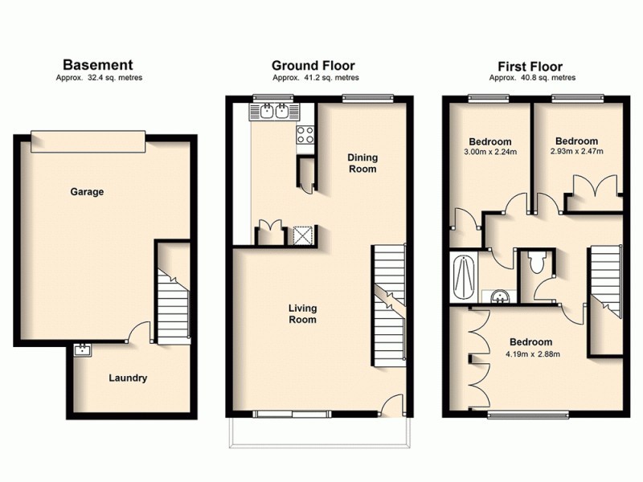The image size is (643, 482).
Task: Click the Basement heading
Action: (98, 65)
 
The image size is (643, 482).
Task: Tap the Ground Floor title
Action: (313, 65)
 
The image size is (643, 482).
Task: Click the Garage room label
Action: (87, 192)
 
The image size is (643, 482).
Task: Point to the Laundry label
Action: (129, 377)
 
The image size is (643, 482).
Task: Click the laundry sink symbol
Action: (82, 349)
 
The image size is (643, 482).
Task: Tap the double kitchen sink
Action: (274, 112)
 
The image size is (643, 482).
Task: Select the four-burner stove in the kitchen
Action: (305, 135)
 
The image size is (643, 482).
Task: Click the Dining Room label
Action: (362, 163)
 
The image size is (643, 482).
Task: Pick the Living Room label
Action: (302, 313)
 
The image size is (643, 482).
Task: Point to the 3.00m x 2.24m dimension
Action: (490, 152)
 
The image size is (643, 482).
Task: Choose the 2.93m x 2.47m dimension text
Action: (576, 151)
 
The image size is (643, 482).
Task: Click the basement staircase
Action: (172, 305)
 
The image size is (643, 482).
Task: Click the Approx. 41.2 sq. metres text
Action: (315, 78)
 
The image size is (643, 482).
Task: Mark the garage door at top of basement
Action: (88, 141)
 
